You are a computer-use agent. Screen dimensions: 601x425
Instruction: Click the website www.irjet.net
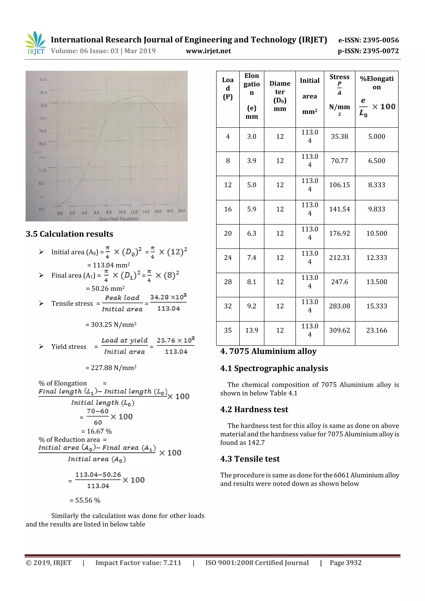(x=208, y=51)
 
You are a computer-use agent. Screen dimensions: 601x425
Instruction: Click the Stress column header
(x=339, y=77)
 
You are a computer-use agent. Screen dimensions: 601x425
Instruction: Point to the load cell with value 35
(x=228, y=330)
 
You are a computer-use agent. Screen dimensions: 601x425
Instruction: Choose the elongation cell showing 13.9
(x=251, y=330)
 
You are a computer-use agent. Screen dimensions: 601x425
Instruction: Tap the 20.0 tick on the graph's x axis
(x=181, y=211)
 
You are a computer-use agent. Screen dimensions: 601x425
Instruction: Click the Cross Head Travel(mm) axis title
(x=119, y=219)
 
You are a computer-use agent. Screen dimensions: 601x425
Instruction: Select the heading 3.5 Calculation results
(x=69, y=234)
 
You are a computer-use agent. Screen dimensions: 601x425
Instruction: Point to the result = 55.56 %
(x=85, y=500)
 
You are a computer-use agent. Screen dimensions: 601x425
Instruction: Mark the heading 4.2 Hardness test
(x=254, y=409)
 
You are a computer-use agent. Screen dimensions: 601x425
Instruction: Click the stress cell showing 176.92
(x=339, y=233)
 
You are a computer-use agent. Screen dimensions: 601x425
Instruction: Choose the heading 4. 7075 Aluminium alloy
(x=268, y=351)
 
